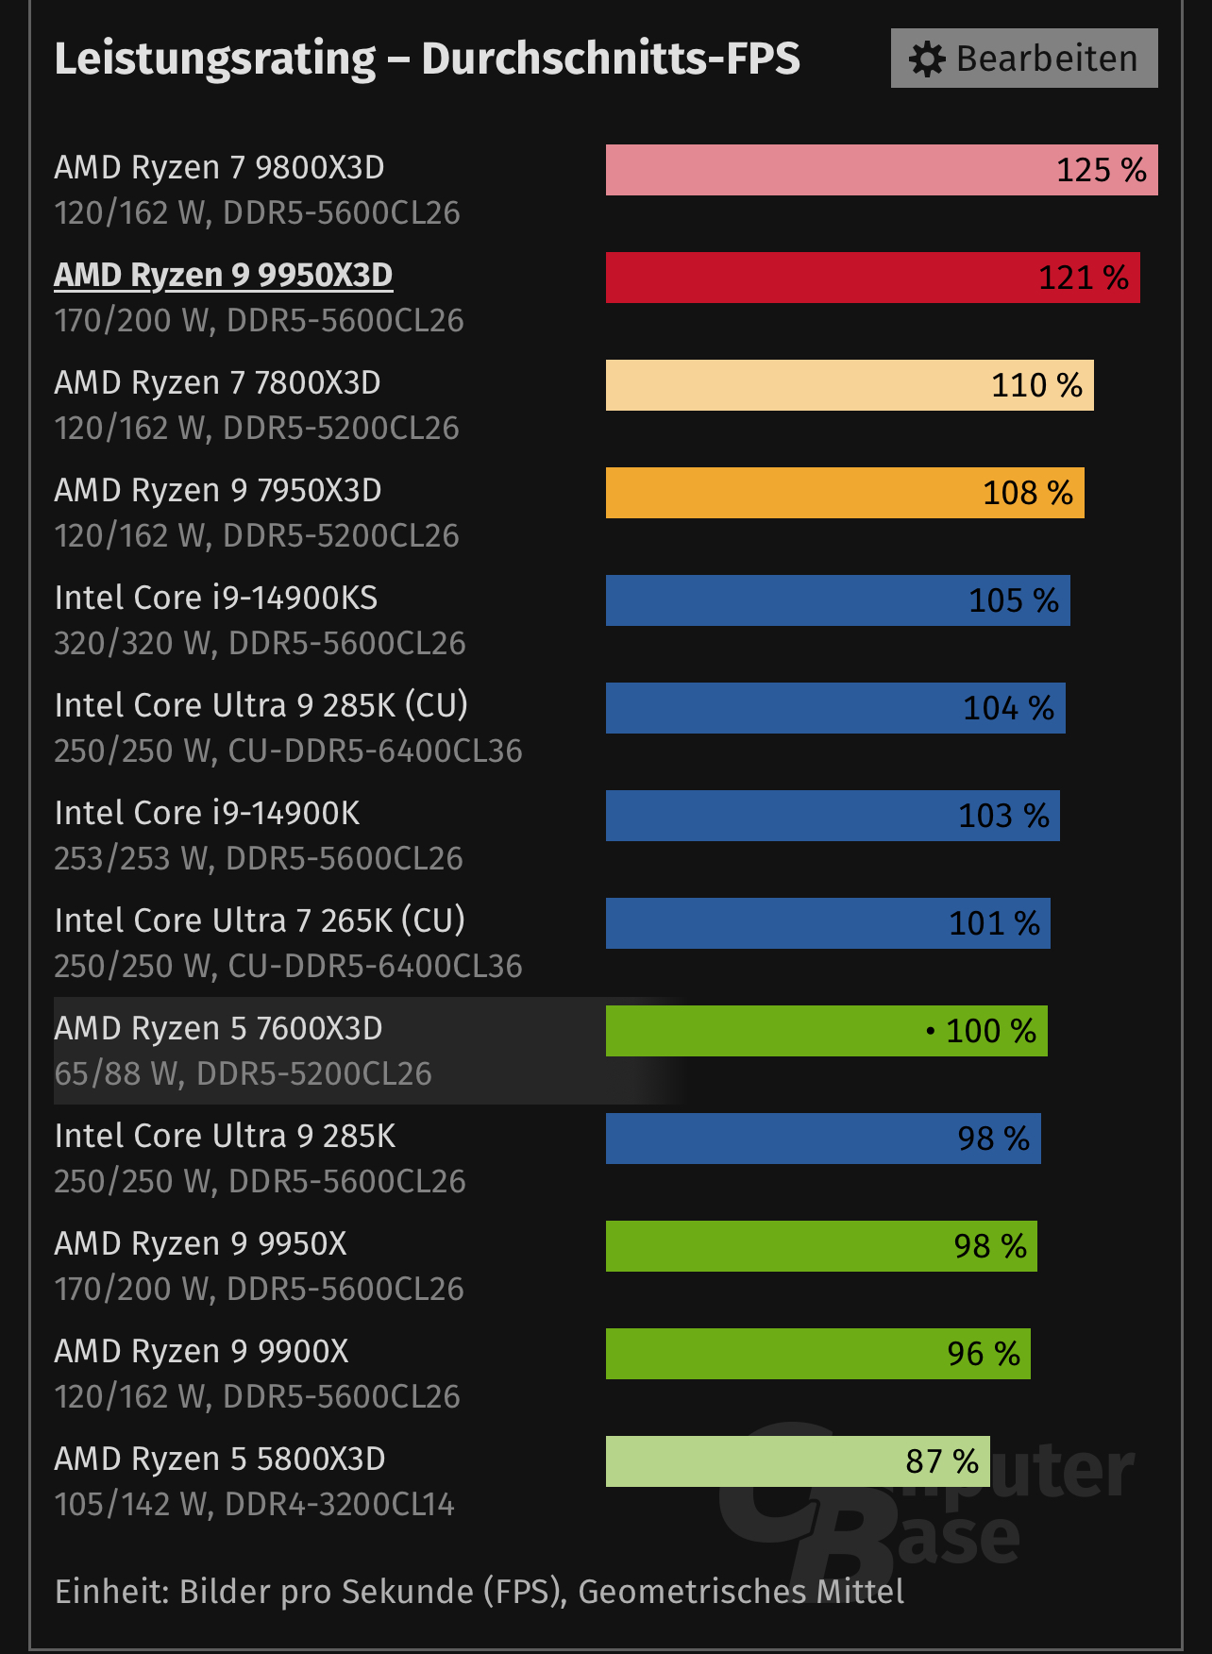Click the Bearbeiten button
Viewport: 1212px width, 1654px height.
point(1024,59)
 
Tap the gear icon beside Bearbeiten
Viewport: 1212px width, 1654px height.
point(927,59)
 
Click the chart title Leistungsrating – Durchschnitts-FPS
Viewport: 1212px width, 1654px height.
point(427,59)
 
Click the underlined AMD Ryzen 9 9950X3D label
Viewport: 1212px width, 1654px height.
point(223,275)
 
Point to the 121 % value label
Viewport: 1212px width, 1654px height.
point(1083,278)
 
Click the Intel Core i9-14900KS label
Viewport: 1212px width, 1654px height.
point(216,598)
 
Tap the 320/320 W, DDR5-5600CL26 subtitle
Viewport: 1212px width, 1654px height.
point(260,643)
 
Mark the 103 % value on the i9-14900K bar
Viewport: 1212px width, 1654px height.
point(1003,816)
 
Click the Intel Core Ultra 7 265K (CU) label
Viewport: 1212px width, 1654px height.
point(260,920)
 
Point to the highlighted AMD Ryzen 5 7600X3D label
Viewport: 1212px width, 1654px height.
point(218,1028)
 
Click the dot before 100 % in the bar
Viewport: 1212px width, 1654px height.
point(931,1031)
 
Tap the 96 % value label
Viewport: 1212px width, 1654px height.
point(984,1354)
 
